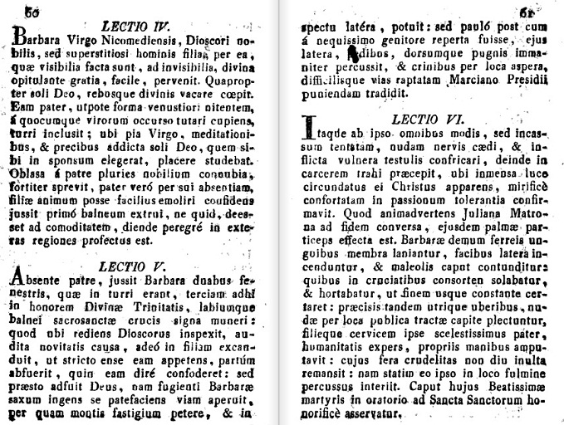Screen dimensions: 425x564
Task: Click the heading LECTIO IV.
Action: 135,13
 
